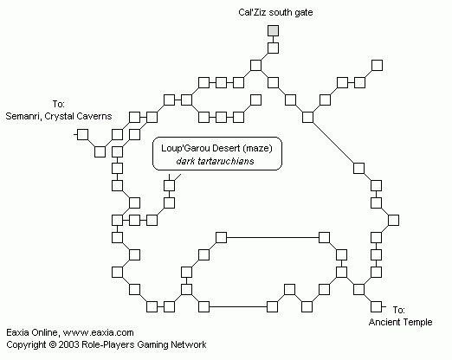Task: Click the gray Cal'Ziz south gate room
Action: (273, 30)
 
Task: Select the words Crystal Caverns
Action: (78, 116)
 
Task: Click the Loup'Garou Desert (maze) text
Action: (216, 148)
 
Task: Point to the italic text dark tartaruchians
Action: (215, 161)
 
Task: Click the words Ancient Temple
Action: (400, 322)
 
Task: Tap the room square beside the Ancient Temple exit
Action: (376, 306)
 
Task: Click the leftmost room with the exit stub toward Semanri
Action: (83, 134)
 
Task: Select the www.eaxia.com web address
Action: (98, 332)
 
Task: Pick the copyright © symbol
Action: (52, 344)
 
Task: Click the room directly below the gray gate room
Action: (273, 48)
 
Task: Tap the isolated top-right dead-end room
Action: (377, 65)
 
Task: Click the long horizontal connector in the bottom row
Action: (238, 306)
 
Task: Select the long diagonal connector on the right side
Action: (333, 143)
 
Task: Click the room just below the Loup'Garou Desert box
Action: (169, 185)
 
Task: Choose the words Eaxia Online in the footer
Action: (32, 332)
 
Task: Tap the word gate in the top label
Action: (303, 13)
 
